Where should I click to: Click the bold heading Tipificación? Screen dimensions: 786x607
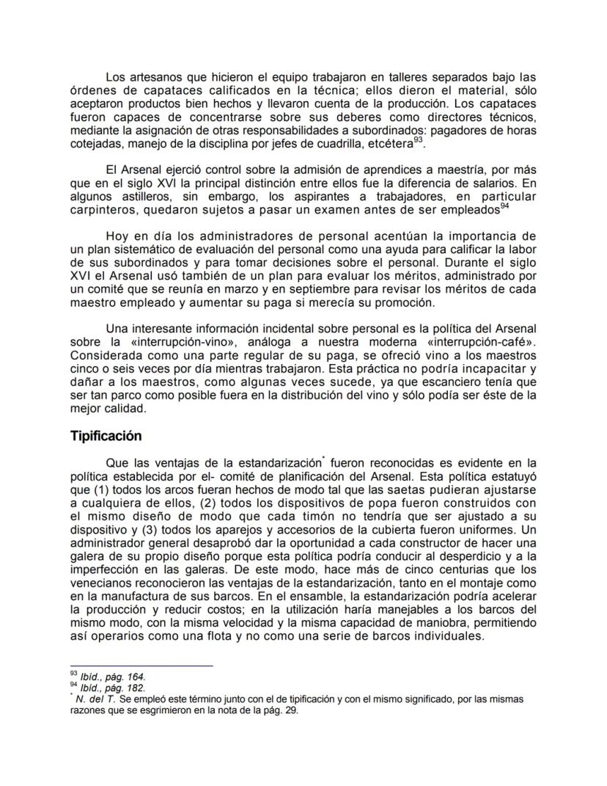coord(106,436)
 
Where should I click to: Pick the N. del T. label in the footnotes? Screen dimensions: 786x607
coord(92,699)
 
